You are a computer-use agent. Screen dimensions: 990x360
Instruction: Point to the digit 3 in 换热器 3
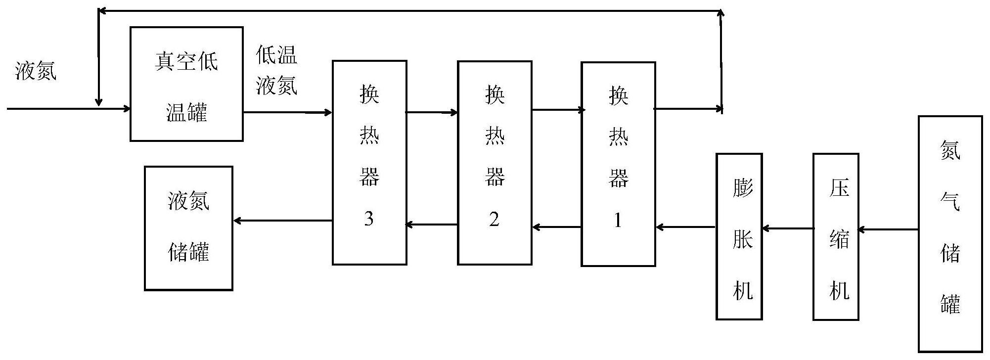click(x=368, y=219)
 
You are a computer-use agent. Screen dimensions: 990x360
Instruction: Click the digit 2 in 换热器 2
click(x=494, y=219)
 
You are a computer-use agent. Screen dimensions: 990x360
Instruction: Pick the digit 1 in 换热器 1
click(x=618, y=220)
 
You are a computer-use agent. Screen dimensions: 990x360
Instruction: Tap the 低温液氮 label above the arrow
click(x=276, y=70)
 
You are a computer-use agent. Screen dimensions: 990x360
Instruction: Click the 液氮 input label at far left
click(x=36, y=70)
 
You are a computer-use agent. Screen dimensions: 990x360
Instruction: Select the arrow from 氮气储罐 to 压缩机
click(x=888, y=229)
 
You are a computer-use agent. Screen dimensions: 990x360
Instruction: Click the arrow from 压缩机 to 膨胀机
click(x=788, y=228)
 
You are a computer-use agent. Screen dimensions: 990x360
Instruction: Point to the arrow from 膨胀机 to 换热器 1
click(x=686, y=227)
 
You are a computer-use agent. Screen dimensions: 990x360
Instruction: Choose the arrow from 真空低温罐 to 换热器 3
click(x=287, y=112)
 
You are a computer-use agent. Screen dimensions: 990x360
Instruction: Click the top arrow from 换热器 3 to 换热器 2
click(x=432, y=112)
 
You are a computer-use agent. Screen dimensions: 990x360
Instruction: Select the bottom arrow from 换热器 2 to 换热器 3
click(x=432, y=225)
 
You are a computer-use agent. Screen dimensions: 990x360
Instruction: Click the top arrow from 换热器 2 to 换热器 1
click(x=557, y=109)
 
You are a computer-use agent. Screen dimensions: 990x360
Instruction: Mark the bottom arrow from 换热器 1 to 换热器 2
click(x=557, y=227)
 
